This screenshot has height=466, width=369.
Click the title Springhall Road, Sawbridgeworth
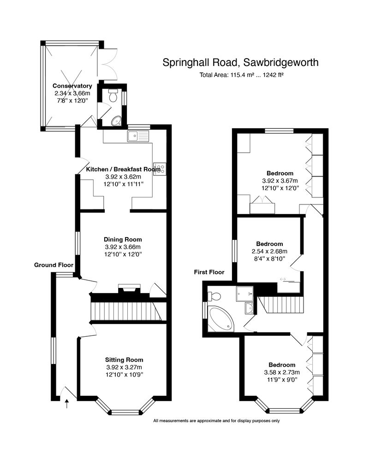point(240,63)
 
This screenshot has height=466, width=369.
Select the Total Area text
point(241,75)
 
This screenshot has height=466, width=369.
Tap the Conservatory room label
point(72,86)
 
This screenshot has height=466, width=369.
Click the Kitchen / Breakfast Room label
point(123,169)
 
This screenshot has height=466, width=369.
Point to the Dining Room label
point(123,239)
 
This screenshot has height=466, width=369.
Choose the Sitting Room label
point(124,360)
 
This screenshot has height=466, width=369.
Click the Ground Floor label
point(54,265)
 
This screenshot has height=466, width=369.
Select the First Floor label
point(209,272)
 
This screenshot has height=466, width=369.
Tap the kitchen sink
point(139,136)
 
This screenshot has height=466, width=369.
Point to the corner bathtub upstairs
point(221,318)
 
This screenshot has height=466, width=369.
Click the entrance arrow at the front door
point(67,405)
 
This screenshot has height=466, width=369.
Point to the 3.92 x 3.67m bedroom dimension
point(280,181)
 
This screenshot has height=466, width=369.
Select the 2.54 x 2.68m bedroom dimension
point(269,251)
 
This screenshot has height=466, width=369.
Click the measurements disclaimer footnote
point(216,421)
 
